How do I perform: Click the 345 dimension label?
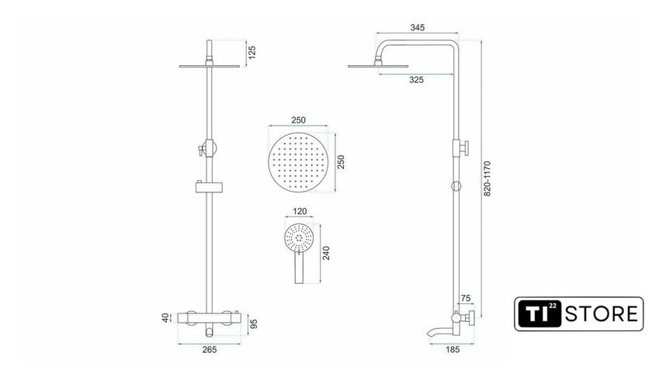tap(418, 27)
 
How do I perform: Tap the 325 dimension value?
tap(416, 80)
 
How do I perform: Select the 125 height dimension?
tap(252, 53)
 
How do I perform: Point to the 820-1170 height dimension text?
tap(487, 178)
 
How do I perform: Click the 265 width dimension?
tap(210, 350)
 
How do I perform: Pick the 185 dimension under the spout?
tap(453, 350)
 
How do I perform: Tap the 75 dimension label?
tap(466, 298)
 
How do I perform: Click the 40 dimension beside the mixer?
tap(166, 318)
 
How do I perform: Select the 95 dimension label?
tap(254, 323)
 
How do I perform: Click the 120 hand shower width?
tap(300, 211)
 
